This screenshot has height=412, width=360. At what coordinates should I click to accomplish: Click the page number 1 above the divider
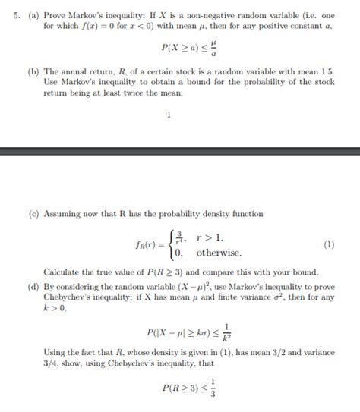[x=168, y=115]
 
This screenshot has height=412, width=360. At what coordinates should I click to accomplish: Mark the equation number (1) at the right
[x=328, y=245]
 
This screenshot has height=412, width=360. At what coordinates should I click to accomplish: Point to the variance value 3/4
[x=50, y=366]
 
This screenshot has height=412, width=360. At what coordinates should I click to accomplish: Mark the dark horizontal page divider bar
[x=180, y=152]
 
